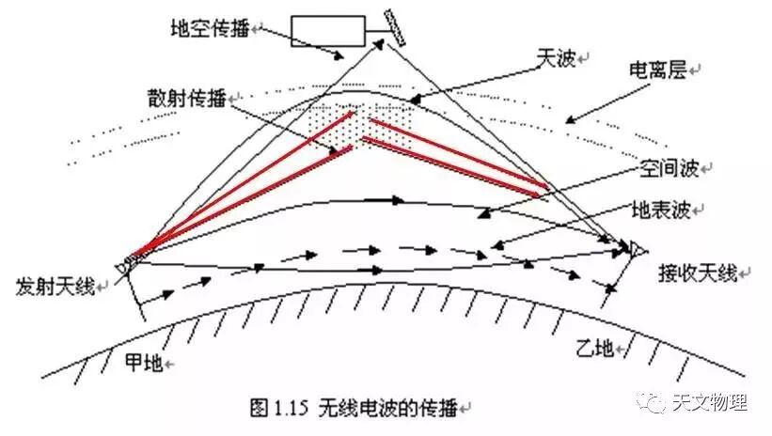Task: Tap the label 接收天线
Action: tap(699, 272)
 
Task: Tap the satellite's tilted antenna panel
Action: tap(394, 27)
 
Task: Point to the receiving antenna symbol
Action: tap(637, 249)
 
